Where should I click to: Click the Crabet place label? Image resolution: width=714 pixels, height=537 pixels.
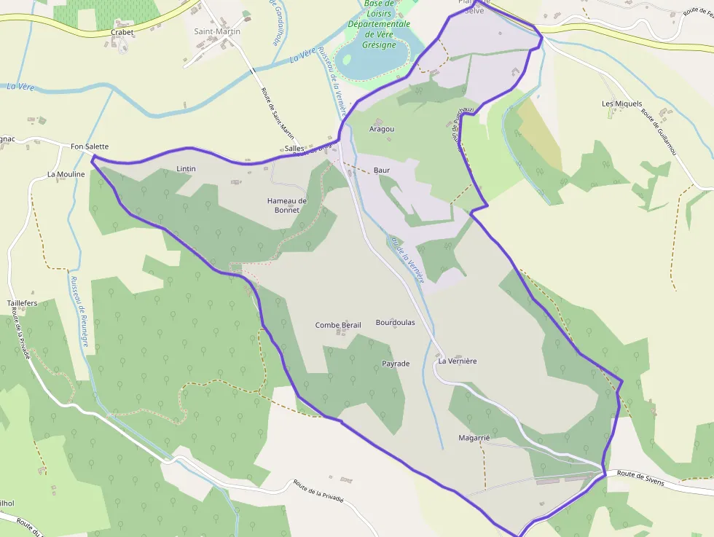tap(122, 33)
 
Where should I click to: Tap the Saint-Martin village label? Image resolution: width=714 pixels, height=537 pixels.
tap(217, 31)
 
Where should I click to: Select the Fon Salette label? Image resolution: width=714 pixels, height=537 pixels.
tap(90, 146)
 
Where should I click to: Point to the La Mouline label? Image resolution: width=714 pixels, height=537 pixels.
tap(66, 174)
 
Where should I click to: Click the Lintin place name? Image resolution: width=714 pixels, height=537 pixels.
tap(186, 168)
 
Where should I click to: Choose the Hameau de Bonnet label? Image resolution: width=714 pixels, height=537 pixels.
tap(287, 205)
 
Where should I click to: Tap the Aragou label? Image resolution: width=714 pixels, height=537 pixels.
tap(382, 129)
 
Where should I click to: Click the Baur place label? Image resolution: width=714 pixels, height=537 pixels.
tap(382, 170)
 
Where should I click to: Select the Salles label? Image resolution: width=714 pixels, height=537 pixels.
tap(294, 148)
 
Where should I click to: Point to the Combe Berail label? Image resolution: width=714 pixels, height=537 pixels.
tap(338, 325)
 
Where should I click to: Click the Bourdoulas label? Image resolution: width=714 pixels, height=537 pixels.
tap(395, 322)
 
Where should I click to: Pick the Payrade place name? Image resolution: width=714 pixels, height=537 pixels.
tap(396, 363)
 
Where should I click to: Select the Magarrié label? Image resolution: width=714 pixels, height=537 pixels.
tap(472, 438)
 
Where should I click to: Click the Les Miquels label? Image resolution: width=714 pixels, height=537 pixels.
tap(622, 103)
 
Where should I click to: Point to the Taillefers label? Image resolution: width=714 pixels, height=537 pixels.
tap(22, 302)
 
